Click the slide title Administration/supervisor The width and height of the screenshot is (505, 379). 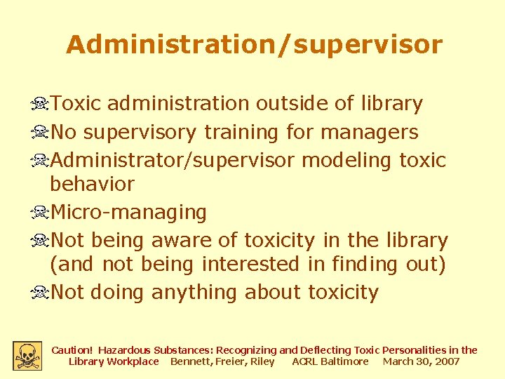254,45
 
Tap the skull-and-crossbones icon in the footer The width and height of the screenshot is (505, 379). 27,355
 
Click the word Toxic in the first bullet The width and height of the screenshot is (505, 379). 76,104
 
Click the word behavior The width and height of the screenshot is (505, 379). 92,184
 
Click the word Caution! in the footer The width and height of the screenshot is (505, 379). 72,350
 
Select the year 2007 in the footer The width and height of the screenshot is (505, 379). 446,361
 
